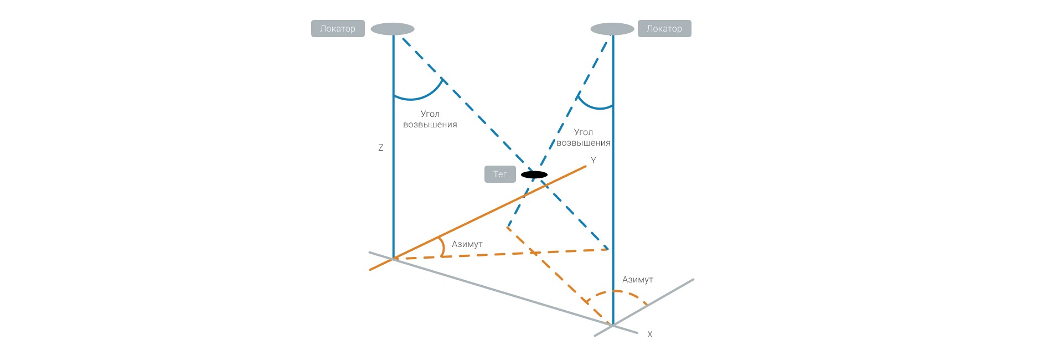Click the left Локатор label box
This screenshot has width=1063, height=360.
338,29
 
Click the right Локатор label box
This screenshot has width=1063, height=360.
664,29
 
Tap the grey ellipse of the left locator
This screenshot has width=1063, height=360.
393,29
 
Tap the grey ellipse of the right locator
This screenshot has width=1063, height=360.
612,29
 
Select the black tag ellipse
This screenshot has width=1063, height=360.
534,175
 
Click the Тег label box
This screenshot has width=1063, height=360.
500,174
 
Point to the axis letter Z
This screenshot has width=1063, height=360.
381,148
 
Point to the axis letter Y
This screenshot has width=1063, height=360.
594,161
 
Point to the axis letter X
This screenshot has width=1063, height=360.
650,335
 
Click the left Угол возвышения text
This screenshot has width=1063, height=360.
430,119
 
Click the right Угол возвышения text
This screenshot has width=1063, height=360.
584,137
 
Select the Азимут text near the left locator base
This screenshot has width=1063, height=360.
467,244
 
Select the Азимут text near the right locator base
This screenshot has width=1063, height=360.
638,280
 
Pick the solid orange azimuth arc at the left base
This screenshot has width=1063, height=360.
442,247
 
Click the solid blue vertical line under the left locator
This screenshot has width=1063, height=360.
394,183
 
